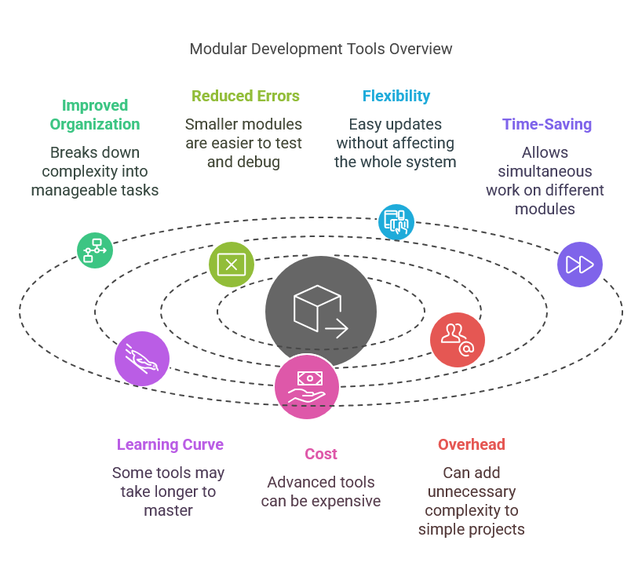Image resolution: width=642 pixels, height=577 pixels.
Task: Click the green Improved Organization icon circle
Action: (x=95, y=250)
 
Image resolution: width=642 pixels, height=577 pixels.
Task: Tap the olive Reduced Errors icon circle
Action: (x=232, y=265)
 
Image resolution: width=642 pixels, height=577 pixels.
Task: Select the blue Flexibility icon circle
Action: (x=396, y=221)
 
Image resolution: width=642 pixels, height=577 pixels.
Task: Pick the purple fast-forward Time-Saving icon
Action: (x=580, y=265)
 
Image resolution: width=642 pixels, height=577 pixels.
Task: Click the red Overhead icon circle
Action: (x=457, y=339)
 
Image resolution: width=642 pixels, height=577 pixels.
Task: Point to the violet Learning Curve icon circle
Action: (x=142, y=359)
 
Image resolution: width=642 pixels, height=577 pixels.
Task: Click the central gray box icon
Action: (x=320, y=312)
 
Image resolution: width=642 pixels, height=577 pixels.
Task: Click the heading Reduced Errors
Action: (x=246, y=97)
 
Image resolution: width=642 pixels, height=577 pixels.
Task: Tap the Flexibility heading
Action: (x=396, y=97)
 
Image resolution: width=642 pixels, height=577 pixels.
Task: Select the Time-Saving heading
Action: (x=546, y=124)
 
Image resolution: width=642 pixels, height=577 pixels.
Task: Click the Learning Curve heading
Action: (x=170, y=444)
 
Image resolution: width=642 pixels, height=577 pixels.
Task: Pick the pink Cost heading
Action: (x=321, y=454)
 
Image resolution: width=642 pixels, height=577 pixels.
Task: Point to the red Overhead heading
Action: (x=471, y=444)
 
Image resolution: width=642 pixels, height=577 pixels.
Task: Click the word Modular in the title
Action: (x=216, y=49)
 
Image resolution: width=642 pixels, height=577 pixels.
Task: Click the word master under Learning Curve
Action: (x=169, y=510)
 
